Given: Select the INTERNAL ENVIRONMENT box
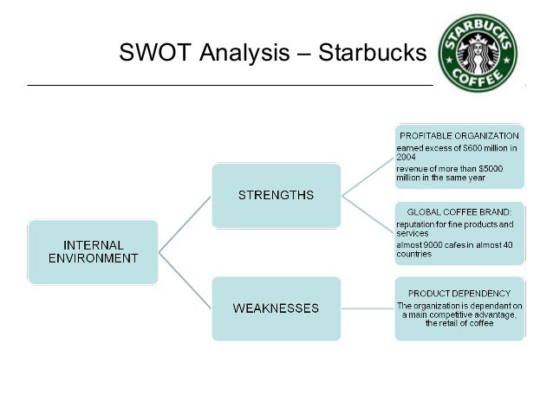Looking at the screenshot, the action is [93, 251].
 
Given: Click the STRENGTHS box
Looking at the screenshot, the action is [276, 194].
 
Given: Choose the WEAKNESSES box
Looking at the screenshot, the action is [276, 308].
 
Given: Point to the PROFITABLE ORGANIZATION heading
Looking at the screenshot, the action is [459, 136].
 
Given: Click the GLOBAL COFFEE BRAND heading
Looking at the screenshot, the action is [459, 211].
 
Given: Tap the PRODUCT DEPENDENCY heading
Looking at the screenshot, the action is [459, 292].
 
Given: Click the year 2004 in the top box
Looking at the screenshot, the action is [407, 158].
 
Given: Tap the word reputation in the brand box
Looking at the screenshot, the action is [415, 224].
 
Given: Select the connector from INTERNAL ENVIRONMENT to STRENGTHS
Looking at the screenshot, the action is [185, 223].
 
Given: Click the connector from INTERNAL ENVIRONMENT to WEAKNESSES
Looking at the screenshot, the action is [185, 279].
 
